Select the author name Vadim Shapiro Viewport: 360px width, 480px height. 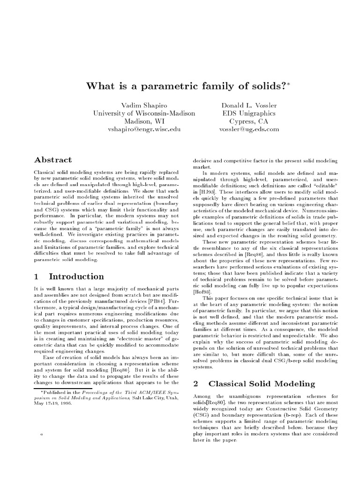click(141, 105)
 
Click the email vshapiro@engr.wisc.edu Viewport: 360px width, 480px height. click(141, 129)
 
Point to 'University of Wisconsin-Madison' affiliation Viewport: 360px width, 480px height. click(141, 113)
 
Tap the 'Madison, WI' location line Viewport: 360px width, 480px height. click(141, 121)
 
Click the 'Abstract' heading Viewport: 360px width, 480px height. click(53, 160)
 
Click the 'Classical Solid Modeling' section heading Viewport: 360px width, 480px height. click(262, 383)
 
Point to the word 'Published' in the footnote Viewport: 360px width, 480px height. click(56, 390)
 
